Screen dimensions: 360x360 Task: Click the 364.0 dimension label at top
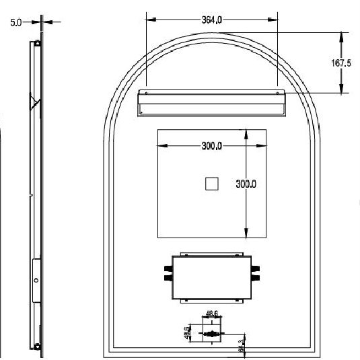pyautogui.click(x=213, y=20)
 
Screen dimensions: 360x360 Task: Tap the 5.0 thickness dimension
pyautogui.click(x=15, y=22)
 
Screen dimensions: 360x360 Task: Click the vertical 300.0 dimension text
pyautogui.click(x=246, y=184)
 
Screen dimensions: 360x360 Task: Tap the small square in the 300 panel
pyautogui.click(x=212, y=183)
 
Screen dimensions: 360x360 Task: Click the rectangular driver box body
pyautogui.click(x=211, y=277)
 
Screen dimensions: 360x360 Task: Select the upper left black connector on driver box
pyautogui.click(x=166, y=268)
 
